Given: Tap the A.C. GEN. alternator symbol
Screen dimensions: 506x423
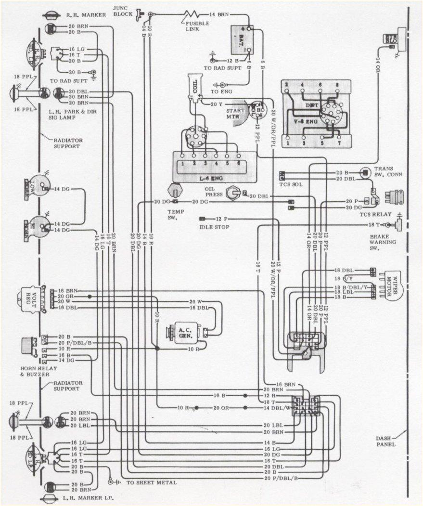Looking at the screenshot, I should coord(185,332).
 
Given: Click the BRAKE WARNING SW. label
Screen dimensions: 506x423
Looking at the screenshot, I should coord(383,242).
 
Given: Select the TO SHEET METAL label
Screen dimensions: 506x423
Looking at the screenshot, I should coord(151,482).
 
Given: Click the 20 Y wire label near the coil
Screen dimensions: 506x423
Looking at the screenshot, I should coord(217,104).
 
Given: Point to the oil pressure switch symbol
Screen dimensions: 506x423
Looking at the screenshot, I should coord(234,193).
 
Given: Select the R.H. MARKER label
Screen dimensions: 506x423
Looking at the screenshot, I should coord(86,15).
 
